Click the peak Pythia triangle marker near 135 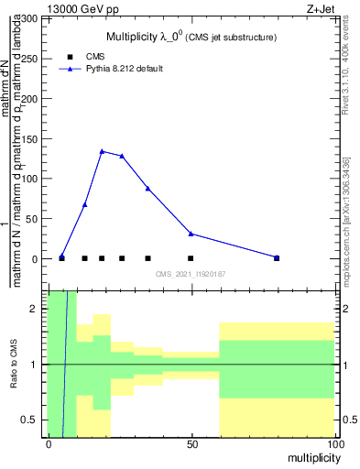coord(102,151)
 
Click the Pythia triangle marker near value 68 coord(84,204)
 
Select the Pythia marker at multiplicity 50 coord(191,234)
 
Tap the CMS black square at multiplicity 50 coord(191,258)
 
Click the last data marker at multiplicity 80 coord(277,257)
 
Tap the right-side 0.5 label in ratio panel coord(347,420)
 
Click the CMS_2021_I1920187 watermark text coord(191,275)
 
